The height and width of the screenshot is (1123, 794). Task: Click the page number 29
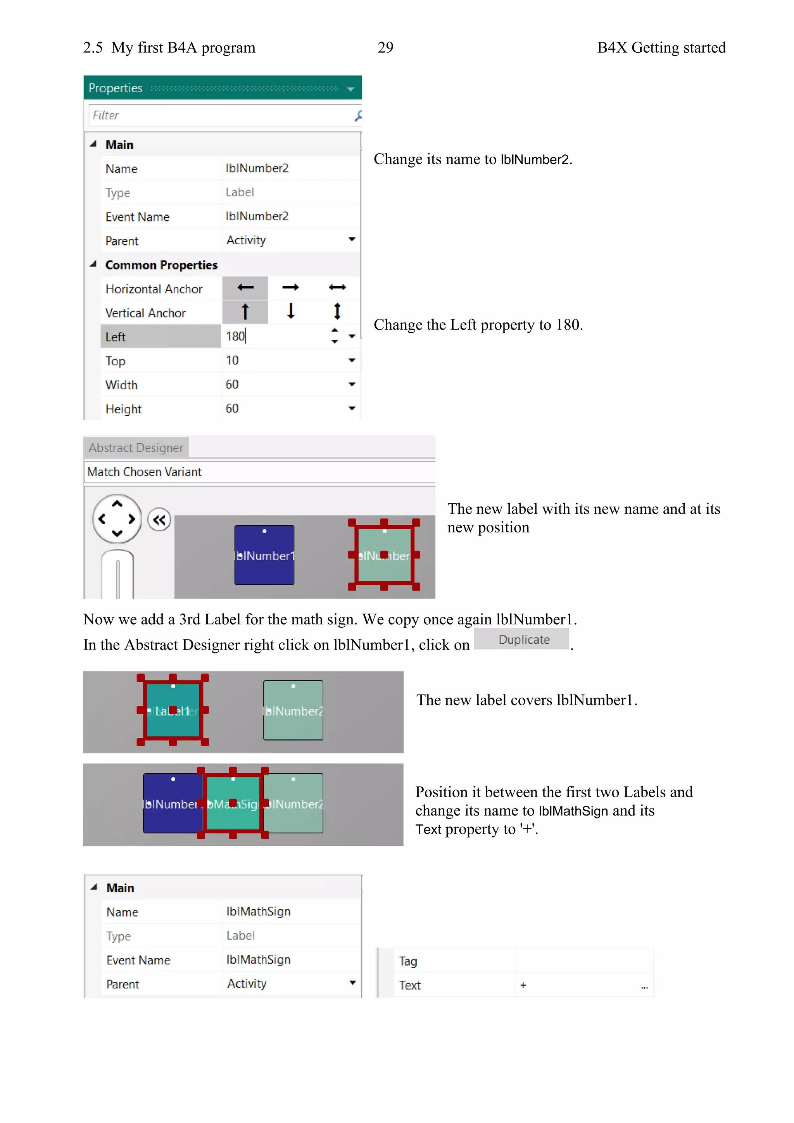point(385,47)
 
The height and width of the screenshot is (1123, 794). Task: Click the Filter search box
point(220,116)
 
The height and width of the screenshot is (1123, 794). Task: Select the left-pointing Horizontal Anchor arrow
point(245,288)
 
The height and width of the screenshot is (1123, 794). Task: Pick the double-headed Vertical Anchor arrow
point(337,311)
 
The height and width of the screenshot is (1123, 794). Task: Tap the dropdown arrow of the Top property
point(352,361)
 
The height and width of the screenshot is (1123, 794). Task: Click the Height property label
point(124,409)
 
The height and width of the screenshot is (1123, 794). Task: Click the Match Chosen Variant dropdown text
point(144,472)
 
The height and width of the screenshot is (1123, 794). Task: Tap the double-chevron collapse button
point(159,520)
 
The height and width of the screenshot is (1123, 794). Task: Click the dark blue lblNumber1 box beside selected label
point(264,555)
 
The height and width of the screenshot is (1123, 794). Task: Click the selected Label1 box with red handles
point(173,710)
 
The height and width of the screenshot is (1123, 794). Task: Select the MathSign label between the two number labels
point(233,803)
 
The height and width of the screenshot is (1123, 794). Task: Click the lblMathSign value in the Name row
point(258,911)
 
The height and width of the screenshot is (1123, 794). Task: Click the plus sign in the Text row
point(523,985)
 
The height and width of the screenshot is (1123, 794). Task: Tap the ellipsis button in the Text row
point(644,986)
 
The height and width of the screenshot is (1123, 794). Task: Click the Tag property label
point(408,961)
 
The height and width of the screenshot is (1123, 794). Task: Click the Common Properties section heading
point(161,265)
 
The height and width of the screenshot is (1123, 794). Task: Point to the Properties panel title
point(116,88)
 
